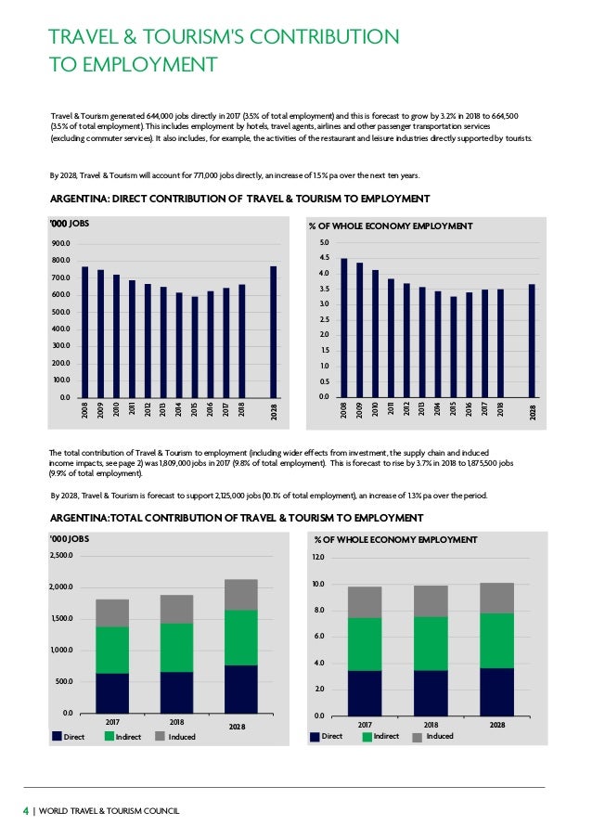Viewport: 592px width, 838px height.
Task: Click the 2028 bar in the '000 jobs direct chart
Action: click(x=274, y=331)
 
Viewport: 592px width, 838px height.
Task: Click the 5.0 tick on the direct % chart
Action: click(x=323, y=243)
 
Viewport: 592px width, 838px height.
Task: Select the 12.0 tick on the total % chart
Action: click(x=318, y=557)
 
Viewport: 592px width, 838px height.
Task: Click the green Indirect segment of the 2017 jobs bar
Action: click(x=112, y=650)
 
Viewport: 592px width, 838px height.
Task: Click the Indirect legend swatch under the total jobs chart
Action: click(x=109, y=737)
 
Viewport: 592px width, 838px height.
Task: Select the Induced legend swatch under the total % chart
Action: click(x=416, y=737)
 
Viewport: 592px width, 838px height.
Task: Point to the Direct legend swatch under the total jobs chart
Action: click(x=57, y=737)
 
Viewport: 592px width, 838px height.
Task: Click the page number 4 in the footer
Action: click(x=25, y=811)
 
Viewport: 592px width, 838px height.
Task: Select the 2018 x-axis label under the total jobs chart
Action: click(x=176, y=721)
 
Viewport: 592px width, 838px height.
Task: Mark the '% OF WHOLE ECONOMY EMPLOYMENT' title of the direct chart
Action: click(x=391, y=226)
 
